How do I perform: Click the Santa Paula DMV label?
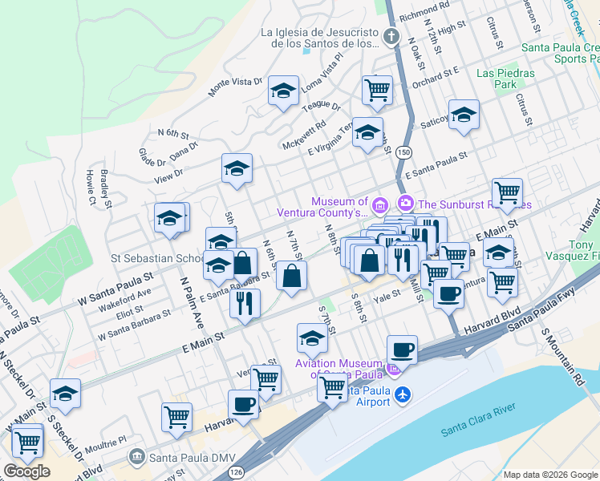pyautogui.click(x=191, y=459)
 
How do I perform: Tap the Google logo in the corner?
pyautogui.click(x=26, y=471)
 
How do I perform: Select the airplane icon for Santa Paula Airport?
pyautogui.click(x=403, y=394)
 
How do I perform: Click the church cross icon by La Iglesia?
pyautogui.click(x=391, y=37)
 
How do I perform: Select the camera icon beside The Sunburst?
pyautogui.click(x=405, y=202)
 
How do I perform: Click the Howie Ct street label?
pyautogui.click(x=89, y=188)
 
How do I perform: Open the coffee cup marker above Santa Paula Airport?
pyautogui.click(x=402, y=350)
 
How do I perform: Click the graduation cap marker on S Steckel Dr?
pyautogui.click(x=65, y=393)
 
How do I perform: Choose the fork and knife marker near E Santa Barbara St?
pyautogui.click(x=245, y=302)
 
